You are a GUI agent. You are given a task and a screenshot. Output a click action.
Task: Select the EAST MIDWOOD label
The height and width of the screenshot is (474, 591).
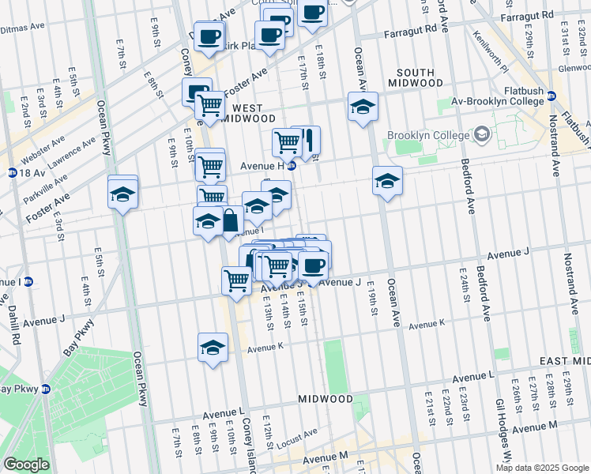click(x=564, y=361)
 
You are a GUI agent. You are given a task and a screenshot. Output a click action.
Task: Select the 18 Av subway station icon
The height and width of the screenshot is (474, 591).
click(x=11, y=171)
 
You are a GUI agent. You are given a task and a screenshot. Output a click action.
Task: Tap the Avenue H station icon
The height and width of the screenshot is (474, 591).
click(x=292, y=165)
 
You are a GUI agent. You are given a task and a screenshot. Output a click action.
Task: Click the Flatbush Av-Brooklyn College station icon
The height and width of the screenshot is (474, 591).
click(x=551, y=96)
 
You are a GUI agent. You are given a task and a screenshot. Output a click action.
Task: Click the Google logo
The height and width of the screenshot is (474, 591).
click(x=25, y=465)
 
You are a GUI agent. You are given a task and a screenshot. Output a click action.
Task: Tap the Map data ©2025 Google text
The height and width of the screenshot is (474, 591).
click(x=542, y=468)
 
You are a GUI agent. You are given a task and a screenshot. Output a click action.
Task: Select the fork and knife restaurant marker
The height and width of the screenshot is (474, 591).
click(x=308, y=141)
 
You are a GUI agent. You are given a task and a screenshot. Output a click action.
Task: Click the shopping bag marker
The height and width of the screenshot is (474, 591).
click(x=230, y=220)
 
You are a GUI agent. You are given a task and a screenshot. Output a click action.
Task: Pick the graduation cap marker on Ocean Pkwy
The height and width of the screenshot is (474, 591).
click(x=122, y=194)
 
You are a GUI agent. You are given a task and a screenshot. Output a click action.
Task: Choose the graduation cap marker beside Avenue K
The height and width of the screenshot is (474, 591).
click(x=213, y=348)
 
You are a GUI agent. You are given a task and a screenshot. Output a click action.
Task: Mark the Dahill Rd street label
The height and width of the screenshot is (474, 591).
click(x=13, y=324)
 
